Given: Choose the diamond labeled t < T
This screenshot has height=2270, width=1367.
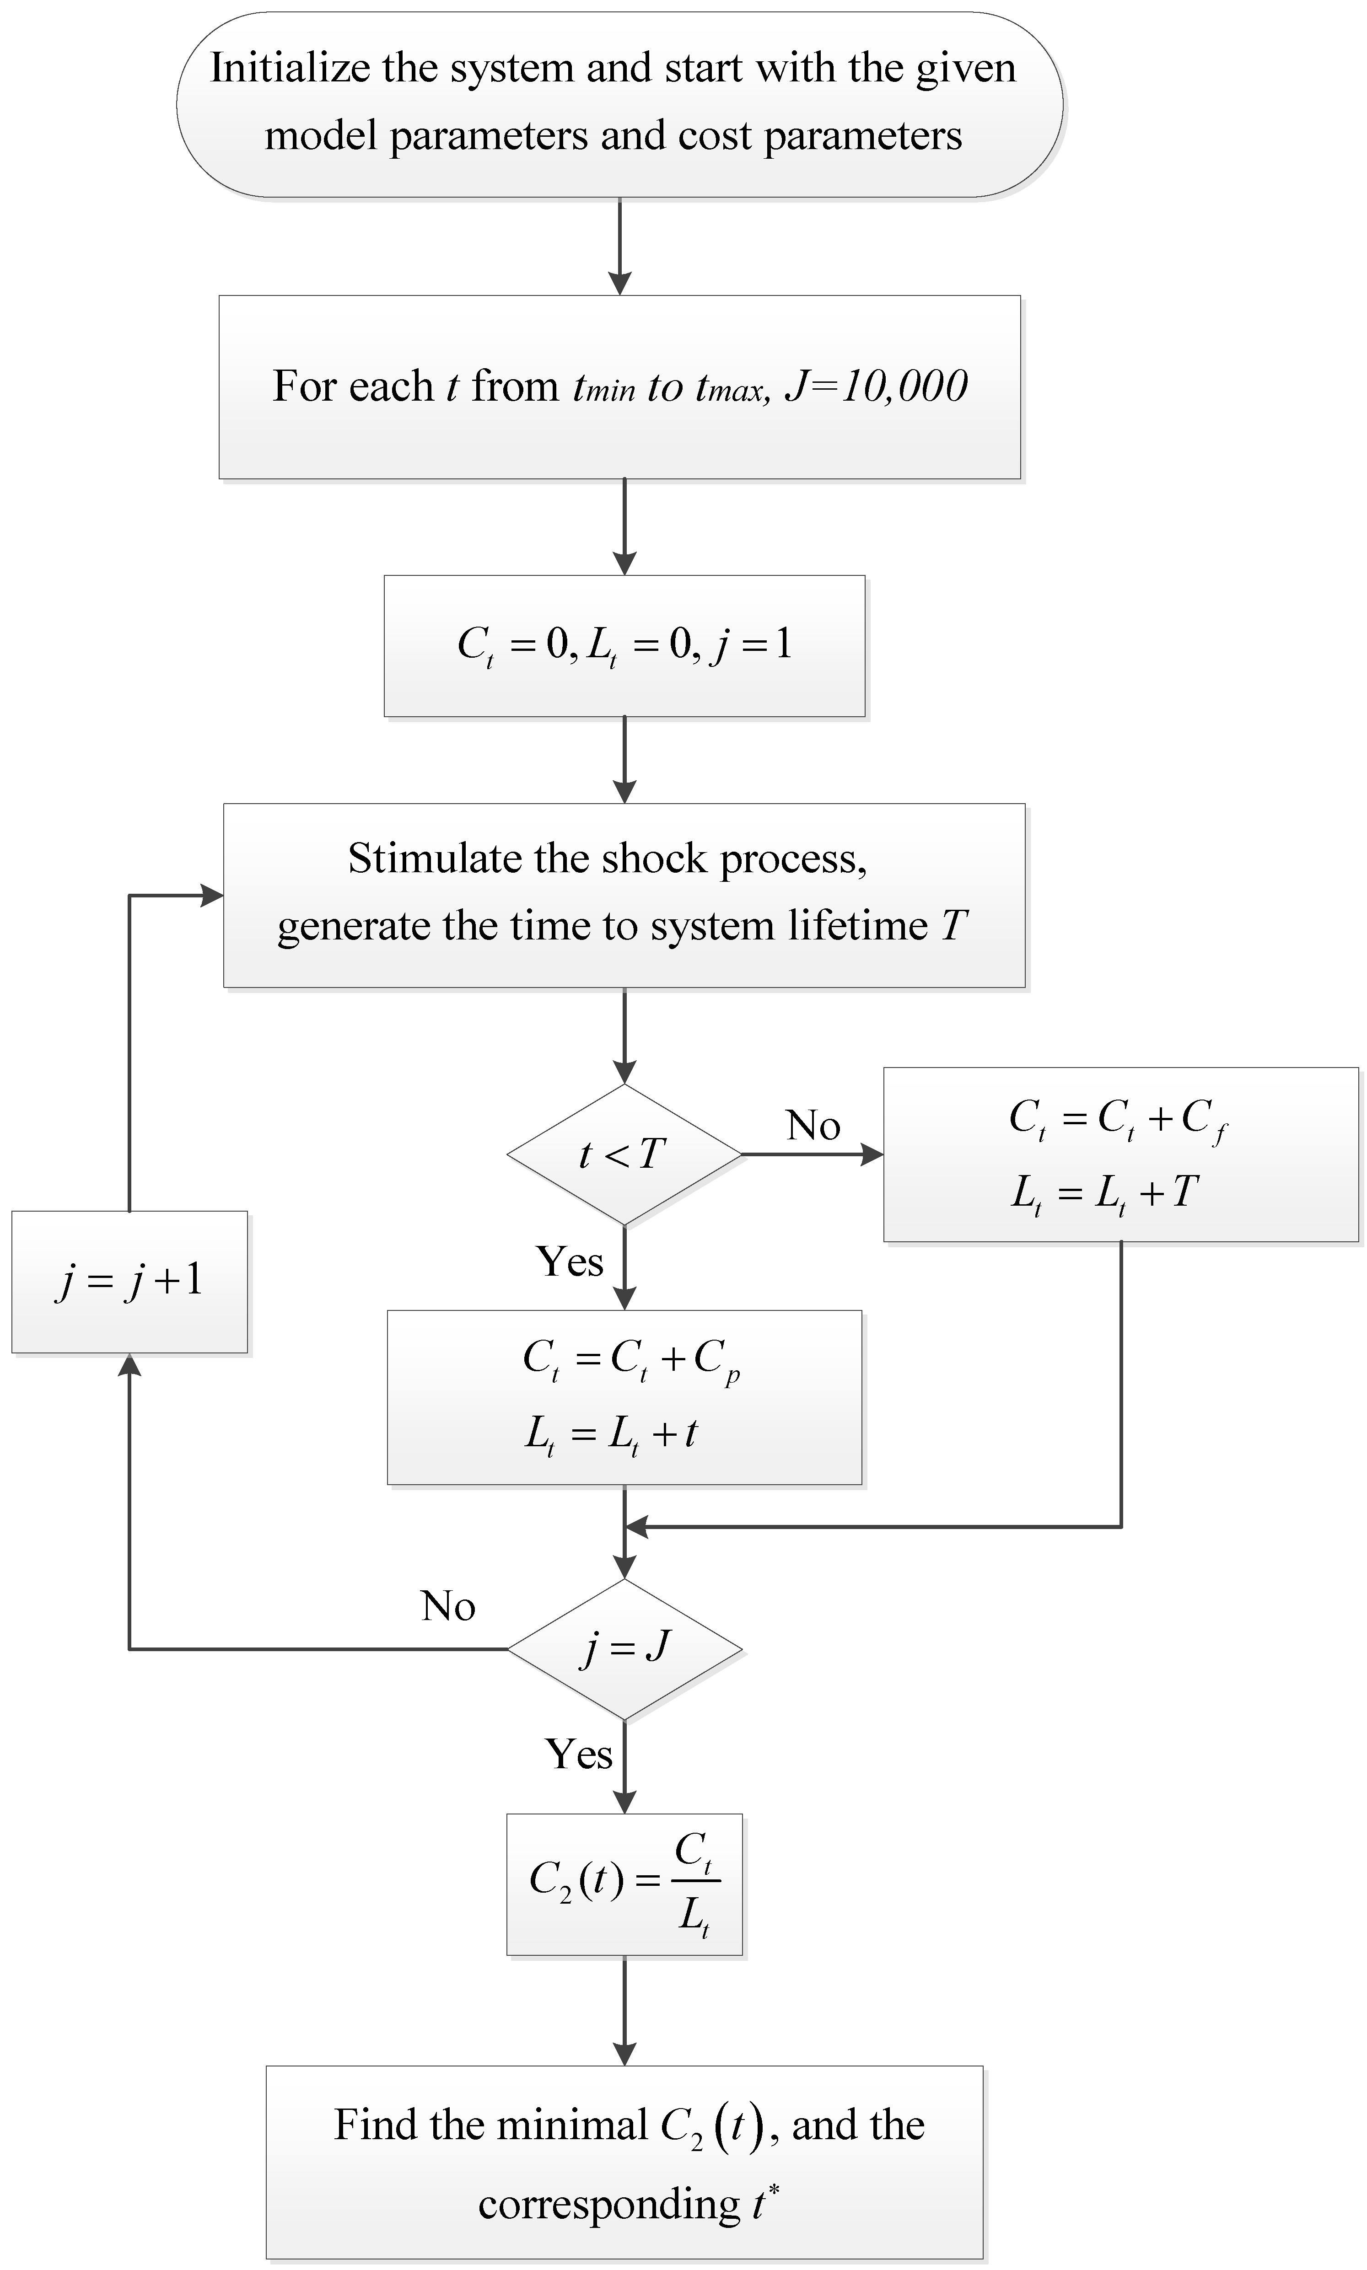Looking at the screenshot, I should (x=624, y=1154).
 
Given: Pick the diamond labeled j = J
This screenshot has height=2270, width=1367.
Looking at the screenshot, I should (x=624, y=1648).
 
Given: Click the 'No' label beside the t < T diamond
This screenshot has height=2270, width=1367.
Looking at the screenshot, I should (x=813, y=1125).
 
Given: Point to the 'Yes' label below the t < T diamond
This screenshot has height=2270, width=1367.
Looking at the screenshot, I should (x=569, y=1261).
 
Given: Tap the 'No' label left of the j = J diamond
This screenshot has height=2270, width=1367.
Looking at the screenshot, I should (x=448, y=1606).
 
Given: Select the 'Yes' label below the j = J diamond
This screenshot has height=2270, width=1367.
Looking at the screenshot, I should (x=578, y=1755).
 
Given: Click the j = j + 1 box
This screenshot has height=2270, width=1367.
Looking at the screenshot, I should (x=129, y=1281).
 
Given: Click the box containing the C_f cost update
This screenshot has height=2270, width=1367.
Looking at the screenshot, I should (x=1120, y=1154).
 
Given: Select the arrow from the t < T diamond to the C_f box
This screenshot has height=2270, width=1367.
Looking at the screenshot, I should (x=811, y=1154).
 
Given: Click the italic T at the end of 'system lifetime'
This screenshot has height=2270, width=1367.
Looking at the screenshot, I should (x=953, y=925).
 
